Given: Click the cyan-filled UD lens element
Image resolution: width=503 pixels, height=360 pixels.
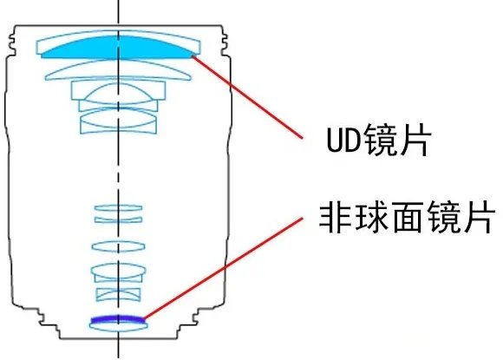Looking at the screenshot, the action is tap(118, 48).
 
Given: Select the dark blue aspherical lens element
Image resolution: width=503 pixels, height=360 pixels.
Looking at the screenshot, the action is tap(118, 318).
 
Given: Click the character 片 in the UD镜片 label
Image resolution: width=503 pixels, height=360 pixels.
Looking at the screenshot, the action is tap(415, 141).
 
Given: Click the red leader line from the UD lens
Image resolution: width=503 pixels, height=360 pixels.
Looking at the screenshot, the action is tap(247, 97).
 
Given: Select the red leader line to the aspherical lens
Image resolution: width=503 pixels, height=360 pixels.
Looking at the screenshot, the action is tap(223, 268).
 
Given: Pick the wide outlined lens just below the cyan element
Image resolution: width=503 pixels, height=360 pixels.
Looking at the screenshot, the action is tap(118, 70).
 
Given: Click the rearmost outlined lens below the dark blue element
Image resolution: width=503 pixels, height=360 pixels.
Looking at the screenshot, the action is tap(118, 326).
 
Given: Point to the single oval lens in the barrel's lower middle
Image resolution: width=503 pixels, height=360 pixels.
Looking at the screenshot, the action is tap(118, 246).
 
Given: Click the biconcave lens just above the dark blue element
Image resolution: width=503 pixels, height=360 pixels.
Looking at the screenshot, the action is tap(118, 295).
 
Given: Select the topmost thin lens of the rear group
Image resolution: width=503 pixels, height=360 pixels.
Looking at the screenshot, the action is tap(118, 208).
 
